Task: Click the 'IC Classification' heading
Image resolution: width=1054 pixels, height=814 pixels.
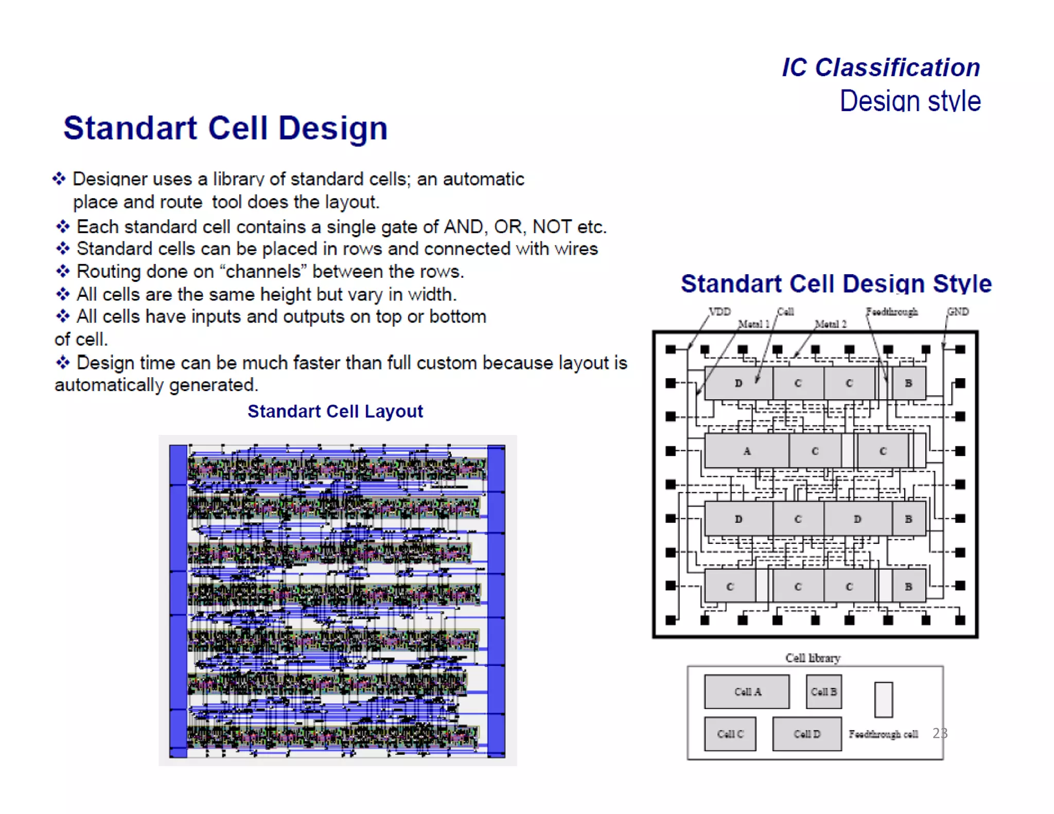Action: coord(881,67)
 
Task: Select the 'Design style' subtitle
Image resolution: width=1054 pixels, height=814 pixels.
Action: coord(910,101)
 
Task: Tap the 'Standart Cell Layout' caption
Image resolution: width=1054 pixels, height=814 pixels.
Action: coord(335,411)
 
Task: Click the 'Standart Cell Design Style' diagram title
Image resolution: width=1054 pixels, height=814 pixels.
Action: coord(836,284)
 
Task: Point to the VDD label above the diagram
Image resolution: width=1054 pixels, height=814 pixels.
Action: coord(719,311)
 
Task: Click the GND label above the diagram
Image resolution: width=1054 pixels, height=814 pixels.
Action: coord(958,311)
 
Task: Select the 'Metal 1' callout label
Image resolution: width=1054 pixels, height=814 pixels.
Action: coord(753,324)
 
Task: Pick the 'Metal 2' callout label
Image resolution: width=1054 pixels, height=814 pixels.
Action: coord(831,324)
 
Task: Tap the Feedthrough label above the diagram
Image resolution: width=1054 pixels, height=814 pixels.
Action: coord(891,311)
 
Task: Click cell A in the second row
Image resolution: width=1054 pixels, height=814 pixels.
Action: coord(746,451)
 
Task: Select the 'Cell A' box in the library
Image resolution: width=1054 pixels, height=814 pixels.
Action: coord(747,692)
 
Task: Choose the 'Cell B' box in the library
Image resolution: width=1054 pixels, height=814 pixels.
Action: coord(823,692)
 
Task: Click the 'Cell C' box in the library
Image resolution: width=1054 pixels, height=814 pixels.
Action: coord(730,734)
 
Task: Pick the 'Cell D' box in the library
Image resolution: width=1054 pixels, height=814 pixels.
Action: coord(806,734)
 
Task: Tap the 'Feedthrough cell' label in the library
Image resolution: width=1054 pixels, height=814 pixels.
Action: coord(883,734)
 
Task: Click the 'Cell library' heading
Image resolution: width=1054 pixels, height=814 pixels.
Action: coord(813,658)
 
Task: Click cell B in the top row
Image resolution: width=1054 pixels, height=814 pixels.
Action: coord(908,383)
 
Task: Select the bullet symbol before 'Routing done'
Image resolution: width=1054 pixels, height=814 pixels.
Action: coord(63,271)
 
